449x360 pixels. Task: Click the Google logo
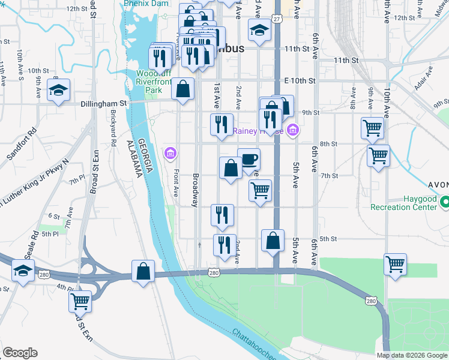(x=20, y=352)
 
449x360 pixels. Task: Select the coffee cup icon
(x=249, y=160)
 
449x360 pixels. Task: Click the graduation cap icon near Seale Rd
(x=23, y=271)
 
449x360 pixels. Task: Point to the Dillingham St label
(x=104, y=103)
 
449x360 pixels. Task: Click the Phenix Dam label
(x=146, y=3)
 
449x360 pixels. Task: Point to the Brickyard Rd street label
(x=112, y=128)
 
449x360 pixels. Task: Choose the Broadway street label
(x=195, y=190)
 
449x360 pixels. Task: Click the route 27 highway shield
(x=277, y=19)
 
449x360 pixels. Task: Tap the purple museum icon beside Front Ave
(x=170, y=153)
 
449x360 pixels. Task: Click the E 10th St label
(x=300, y=80)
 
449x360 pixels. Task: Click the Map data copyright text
(x=411, y=355)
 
